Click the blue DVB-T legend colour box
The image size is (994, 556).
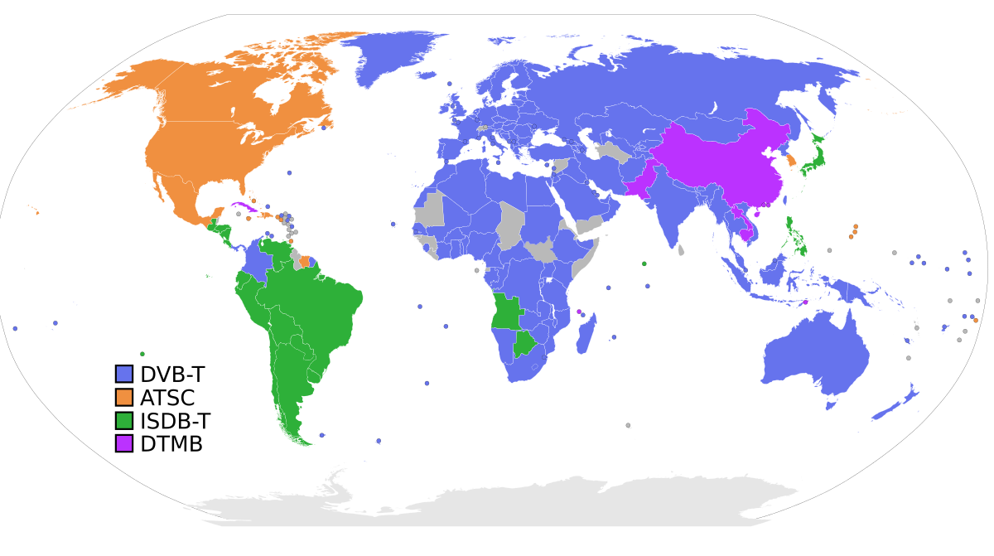coord(124,375)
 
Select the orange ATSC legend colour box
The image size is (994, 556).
coord(124,398)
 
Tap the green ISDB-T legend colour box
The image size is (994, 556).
coord(124,421)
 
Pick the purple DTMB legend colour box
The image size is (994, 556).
coord(124,443)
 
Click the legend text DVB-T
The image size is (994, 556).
coord(172,375)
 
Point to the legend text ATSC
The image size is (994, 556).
coord(167,398)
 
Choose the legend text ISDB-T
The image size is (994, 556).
coord(175,421)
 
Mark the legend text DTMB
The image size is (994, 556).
coord(171,443)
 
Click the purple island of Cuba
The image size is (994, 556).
coord(243,205)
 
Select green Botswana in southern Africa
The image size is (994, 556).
coord(524,342)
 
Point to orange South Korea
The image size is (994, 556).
coord(790,160)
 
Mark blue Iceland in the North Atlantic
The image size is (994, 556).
coord(427,75)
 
